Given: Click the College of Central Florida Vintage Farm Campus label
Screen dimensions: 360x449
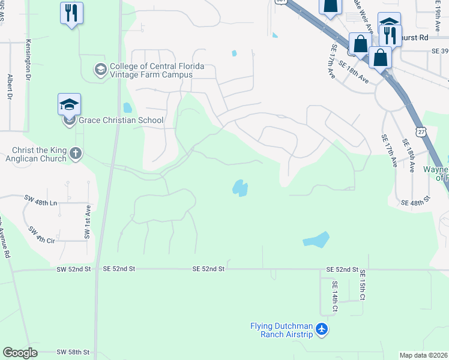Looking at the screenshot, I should click(151, 70).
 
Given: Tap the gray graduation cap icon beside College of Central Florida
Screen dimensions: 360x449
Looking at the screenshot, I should click(100, 70).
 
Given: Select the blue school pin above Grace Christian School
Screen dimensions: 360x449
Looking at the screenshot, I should click(69, 104).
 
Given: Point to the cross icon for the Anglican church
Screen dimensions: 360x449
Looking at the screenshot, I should click(75, 154).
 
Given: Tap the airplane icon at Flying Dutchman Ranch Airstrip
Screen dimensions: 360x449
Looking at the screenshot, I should click(322, 329).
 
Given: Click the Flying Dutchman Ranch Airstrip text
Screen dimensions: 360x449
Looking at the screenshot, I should click(282, 330).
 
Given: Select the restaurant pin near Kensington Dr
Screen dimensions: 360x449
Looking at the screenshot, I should click(72, 13).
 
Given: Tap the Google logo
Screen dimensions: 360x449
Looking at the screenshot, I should click(20, 353).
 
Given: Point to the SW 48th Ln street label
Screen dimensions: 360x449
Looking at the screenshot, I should click(41, 203).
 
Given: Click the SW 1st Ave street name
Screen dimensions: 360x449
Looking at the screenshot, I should click(88, 222).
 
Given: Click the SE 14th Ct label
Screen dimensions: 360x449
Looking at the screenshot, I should click(335, 298).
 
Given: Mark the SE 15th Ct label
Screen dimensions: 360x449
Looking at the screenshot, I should click(363, 285).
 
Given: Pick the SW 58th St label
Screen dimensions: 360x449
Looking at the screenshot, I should click(73, 352).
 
